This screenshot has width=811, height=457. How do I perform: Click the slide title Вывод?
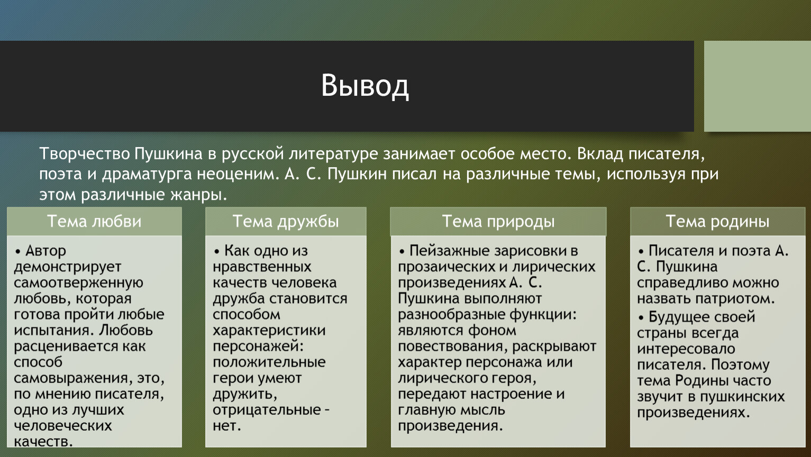365,86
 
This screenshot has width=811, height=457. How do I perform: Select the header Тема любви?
94,221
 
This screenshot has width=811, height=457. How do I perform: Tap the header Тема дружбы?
286,222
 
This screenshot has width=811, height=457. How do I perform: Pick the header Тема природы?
498,222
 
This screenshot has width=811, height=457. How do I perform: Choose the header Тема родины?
717,222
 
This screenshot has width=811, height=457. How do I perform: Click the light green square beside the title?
758,86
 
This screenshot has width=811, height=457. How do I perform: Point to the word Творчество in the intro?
85,154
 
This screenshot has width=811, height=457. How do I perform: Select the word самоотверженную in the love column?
79,283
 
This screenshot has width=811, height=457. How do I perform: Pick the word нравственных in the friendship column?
262,267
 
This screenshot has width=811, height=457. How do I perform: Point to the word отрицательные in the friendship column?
267,410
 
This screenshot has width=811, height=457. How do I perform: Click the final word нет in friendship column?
226,426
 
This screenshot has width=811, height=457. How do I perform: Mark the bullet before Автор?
18,251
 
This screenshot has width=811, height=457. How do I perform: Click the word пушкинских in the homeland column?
742,397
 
